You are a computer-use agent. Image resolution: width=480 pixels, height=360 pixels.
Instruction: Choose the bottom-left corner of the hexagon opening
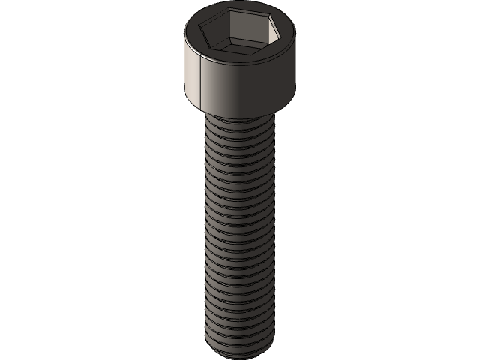[x=223, y=50]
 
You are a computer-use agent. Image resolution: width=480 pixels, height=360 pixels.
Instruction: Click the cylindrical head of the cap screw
[x=240, y=82]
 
